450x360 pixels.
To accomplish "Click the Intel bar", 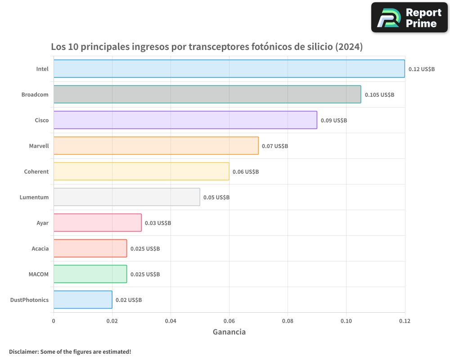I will [x=229, y=69].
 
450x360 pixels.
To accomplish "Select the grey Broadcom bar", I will [x=207, y=94].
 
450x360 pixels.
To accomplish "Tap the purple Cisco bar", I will [x=185, y=120].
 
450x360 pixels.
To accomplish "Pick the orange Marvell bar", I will [x=156, y=146].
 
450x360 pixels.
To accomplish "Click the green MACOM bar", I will [x=90, y=274].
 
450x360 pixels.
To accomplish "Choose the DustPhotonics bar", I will [x=83, y=300].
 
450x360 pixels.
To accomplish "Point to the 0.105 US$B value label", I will [x=379, y=94].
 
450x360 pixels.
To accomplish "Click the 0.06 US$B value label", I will [x=246, y=171].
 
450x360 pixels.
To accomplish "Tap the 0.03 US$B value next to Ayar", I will [x=158, y=223].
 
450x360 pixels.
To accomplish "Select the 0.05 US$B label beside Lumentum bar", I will [x=216, y=197].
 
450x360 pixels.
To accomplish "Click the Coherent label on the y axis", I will [x=36, y=171].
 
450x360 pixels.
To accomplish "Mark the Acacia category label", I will [x=40, y=248].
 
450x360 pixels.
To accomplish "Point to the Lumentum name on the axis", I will [x=34, y=197].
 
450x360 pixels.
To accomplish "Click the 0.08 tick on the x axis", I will [x=288, y=321].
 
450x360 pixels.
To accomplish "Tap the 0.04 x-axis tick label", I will [x=171, y=321].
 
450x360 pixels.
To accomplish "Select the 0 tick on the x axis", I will [x=54, y=321].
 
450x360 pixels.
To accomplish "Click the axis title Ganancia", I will [x=229, y=332].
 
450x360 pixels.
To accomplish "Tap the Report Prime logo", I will [x=409, y=18].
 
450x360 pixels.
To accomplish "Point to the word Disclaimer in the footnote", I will [x=23, y=351].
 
